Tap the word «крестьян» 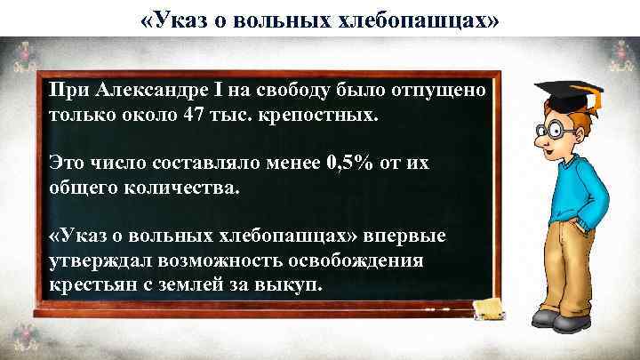pyautogui.click(x=87, y=287)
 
